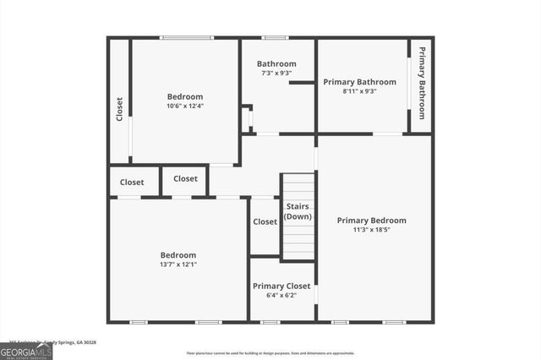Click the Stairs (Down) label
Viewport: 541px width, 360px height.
(298, 211)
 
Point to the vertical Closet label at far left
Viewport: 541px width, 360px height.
(119, 109)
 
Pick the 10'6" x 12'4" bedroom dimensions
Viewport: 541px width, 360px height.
(184, 106)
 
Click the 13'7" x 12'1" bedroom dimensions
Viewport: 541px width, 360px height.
(178, 265)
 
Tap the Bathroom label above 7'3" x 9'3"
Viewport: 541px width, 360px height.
(276, 64)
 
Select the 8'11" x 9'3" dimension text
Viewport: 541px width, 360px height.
(359, 91)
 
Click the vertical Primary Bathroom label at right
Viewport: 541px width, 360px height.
(422, 83)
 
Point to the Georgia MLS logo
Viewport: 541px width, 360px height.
(26, 351)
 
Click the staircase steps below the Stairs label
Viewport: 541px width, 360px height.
(298, 241)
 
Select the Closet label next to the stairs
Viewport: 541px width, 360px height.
(265, 221)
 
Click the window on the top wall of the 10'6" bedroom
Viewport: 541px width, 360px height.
(188, 37)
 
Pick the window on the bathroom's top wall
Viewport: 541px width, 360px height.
(275, 37)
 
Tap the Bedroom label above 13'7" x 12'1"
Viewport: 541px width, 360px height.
(178, 255)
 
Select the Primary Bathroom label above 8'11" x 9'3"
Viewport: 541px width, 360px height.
(359, 82)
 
